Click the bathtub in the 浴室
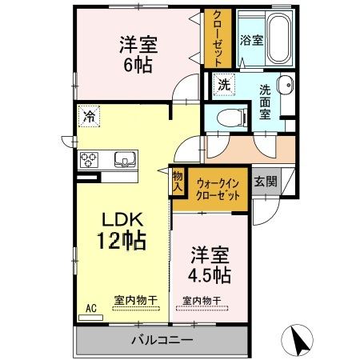pyautogui.click(x=279, y=38)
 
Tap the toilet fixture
pyautogui.click(x=232, y=118)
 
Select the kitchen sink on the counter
pyautogui.click(x=125, y=159)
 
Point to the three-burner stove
pyautogui.click(x=89, y=160)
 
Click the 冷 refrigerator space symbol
pyautogui.click(x=89, y=116)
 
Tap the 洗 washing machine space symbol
pyautogui.click(x=224, y=85)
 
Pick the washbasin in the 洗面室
pyautogui.click(x=286, y=86)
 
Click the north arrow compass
pyautogui.click(x=298, y=339)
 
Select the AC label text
pyautogui.click(x=91, y=308)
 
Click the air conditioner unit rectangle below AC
pyautogui.click(x=91, y=318)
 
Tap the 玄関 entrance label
pyautogui.click(x=266, y=182)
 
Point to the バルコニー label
pyautogui.click(x=162, y=340)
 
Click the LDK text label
pyautogui.click(x=122, y=220)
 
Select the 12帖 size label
pyautogui.click(x=122, y=241)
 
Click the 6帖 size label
pyautogui.click(x=138, y=65)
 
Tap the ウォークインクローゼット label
pyautogui.click(x=218, y=190)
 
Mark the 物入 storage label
pyautogui.click(x=178, y=182)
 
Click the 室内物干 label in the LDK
pyautogui.click(x=136, y=301)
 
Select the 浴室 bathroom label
pyautogui.click(x=251, y=41)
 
